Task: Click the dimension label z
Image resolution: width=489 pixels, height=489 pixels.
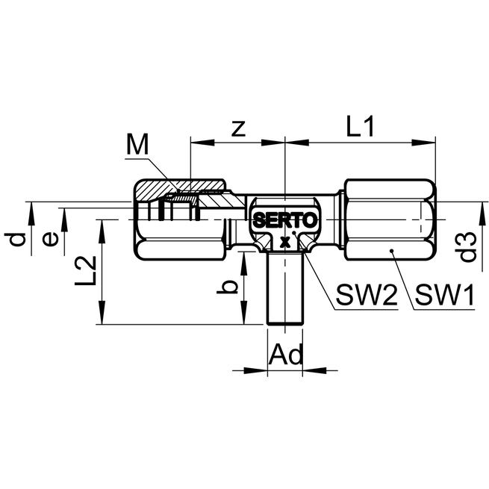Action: (x=238, y=128)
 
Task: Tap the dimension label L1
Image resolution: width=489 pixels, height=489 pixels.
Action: (x=361, y=126)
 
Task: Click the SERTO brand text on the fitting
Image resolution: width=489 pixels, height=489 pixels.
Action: (x=285, y=221)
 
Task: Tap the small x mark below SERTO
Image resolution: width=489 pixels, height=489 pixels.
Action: (x=284, y=241)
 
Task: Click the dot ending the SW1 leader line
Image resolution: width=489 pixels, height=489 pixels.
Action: (x=390, y=251)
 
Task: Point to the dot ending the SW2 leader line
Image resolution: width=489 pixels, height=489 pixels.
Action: (x=297, y=234)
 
